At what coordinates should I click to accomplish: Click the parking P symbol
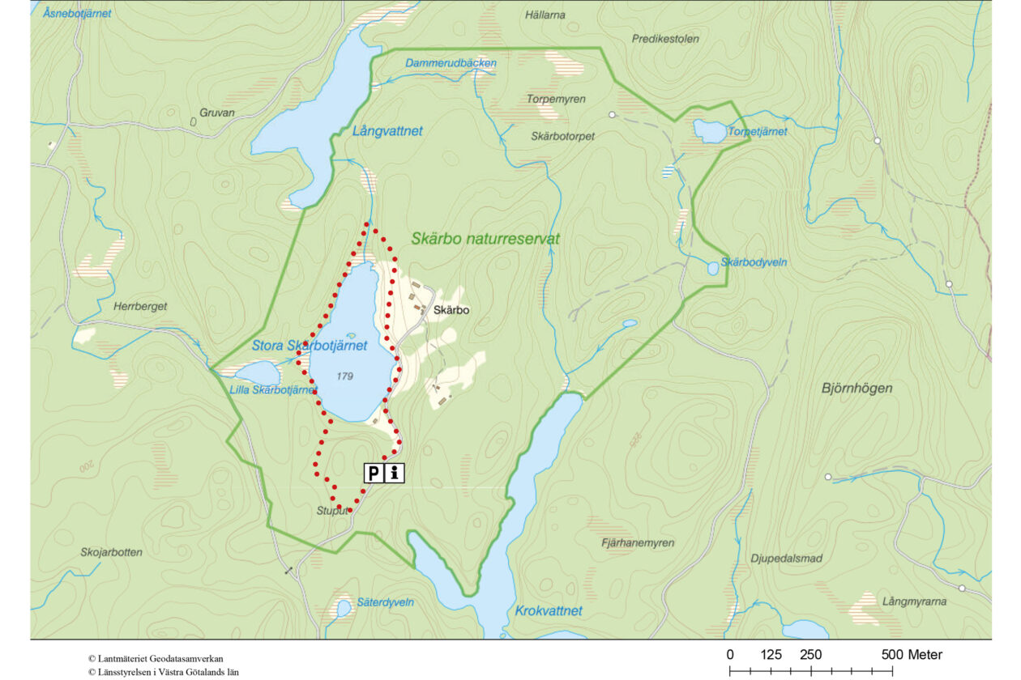pos(374,473)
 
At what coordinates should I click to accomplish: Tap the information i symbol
pos(395,473)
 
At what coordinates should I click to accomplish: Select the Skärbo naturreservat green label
pos(485,240)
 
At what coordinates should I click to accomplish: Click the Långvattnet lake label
pos(387,130)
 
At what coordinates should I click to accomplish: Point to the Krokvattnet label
pos(549,610)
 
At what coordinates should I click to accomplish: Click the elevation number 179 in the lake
pos(347,376)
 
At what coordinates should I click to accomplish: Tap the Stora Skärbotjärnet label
pos(309,346)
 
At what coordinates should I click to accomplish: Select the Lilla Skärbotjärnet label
pos(273,390)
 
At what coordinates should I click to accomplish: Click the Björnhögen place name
pos(857,389)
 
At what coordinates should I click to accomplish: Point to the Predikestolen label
pos(664,39)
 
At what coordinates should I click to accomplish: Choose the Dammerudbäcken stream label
pos(451,63)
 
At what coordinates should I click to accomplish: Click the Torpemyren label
pos(556,99)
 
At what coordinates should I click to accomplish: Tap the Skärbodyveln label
pos(754,263)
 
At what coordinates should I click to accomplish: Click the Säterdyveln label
pos(386,602)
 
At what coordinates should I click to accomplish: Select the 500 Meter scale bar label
pos(912,654)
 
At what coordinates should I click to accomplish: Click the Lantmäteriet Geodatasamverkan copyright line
pos(156,659)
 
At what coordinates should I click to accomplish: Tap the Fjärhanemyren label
pos(638,543)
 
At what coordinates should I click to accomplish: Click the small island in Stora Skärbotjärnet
pos(350,336)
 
